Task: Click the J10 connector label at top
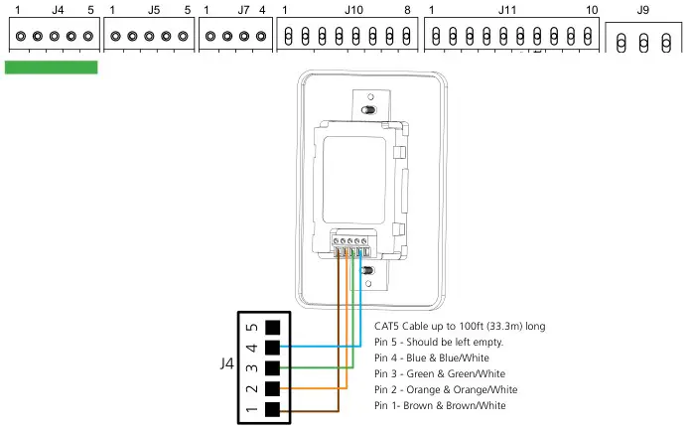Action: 353,9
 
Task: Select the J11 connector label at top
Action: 507,9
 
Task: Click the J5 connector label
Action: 153,9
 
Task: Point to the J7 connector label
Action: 243,9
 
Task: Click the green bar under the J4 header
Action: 52,67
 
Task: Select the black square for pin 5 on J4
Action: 273,326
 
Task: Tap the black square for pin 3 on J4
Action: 273,367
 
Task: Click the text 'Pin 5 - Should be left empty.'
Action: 439,342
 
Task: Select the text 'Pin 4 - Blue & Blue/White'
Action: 431,358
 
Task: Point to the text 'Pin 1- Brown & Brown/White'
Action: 440,405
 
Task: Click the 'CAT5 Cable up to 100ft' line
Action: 460,326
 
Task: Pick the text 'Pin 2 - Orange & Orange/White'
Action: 446,389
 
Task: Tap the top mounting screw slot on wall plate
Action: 368,110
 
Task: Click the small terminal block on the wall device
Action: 351,242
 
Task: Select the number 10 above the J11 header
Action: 592,9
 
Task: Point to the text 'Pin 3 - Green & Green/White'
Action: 438,373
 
